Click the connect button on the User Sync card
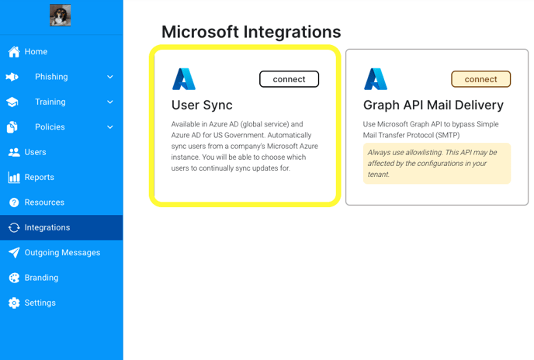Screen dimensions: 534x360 point(290,79)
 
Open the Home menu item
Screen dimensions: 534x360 point(28,52)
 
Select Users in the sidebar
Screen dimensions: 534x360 point(27,152)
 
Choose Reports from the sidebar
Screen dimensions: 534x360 point(30,177)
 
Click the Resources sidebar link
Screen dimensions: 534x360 point(36,202)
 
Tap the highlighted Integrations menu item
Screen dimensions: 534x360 point(61,227)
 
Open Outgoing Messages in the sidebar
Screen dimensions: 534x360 point(54,253)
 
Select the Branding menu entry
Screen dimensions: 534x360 point(33,278)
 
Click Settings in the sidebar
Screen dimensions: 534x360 point(32,303)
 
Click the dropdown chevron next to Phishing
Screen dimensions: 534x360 point(110,77)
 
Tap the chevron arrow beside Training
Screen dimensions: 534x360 point(110,102)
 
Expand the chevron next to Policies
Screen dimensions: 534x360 point(110,127)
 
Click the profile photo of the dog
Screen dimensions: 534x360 point(61,15)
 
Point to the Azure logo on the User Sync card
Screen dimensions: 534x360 point(184,79)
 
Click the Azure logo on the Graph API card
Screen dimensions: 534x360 point(376,79)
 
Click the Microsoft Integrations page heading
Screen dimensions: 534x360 point(251,32)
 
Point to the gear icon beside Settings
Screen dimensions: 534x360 point(14,303)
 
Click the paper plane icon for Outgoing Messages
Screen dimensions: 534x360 point(14,253)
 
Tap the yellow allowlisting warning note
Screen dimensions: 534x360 point(437,164)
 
